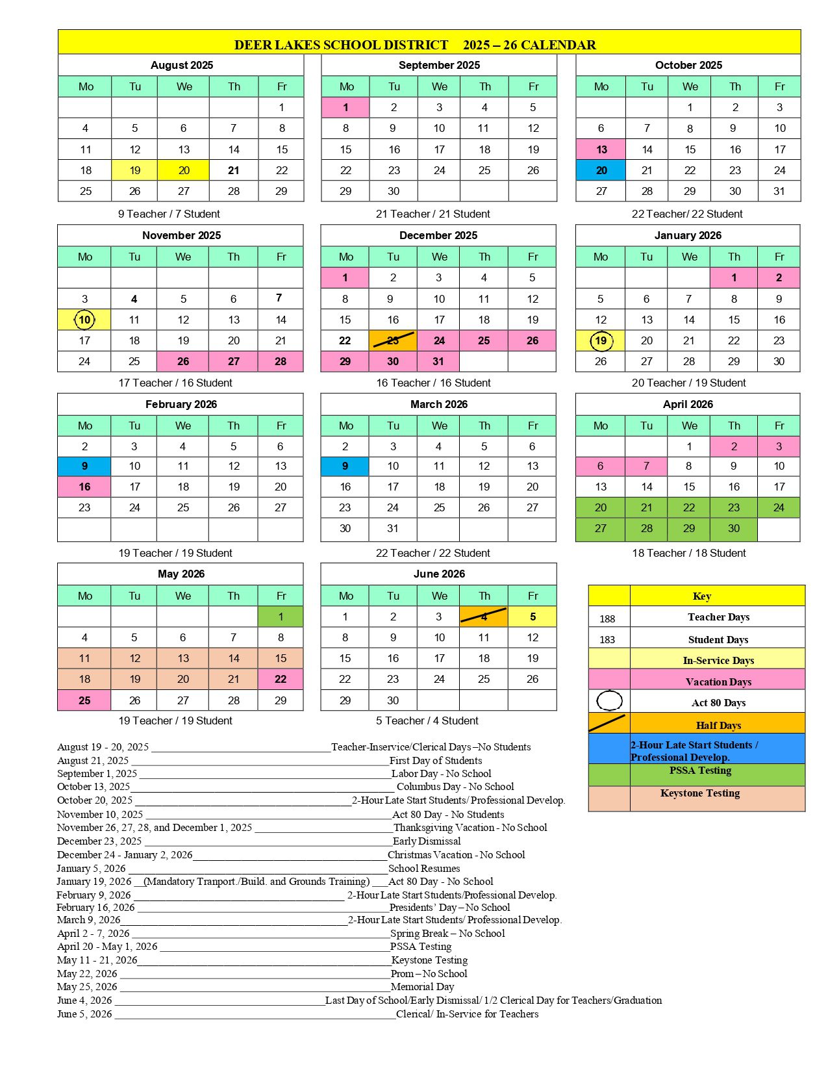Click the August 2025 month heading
click(181, 65)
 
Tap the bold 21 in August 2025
click(234, 170)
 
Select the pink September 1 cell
click(345, 107)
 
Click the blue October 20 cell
click(601, 170)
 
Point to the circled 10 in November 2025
click(84, 320)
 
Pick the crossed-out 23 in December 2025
click(393, 340)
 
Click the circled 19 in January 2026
click(601, 340)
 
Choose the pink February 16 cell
click(84, 487)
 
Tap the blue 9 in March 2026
click(345, 466)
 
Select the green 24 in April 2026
click(779, 507)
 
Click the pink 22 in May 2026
click(281, 679)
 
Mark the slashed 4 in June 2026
click(484, 617)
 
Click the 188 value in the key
click(607, 619)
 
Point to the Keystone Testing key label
click(700, 793)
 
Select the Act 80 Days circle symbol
click(609, 700)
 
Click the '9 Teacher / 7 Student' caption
click(169, 214)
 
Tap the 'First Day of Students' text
click(436, 760)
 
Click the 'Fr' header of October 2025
click(779, 86)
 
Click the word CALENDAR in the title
click(558, 45)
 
